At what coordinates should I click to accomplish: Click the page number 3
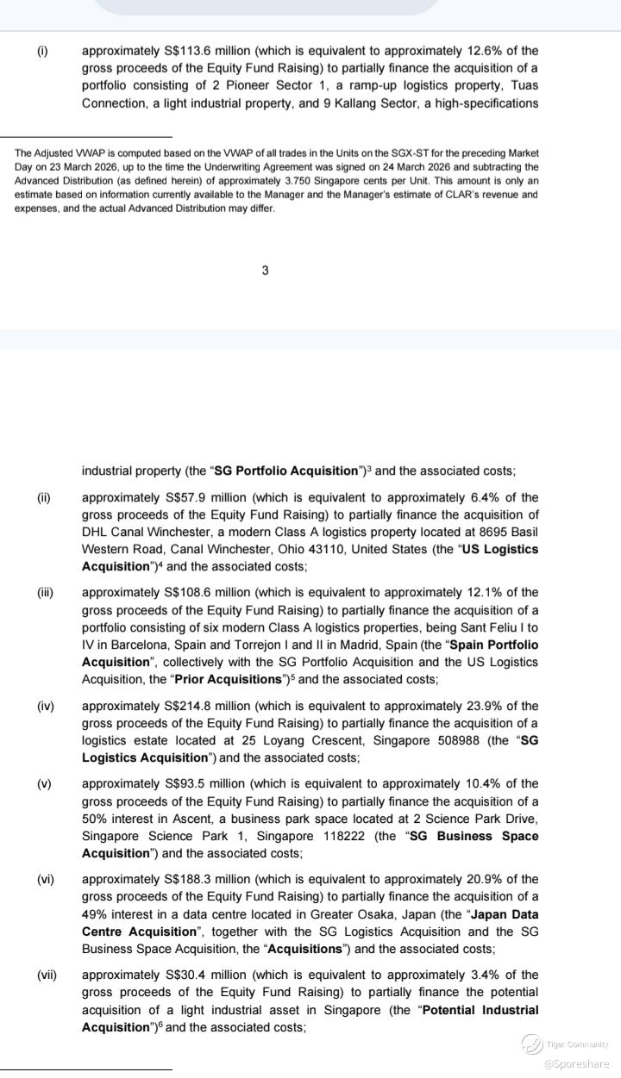[265, 271]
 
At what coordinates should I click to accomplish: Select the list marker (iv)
[45, 706]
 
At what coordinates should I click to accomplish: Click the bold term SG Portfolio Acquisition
[285, 471]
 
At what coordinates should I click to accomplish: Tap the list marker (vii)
[47, 975]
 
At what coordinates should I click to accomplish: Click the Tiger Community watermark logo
[532, 1044]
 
